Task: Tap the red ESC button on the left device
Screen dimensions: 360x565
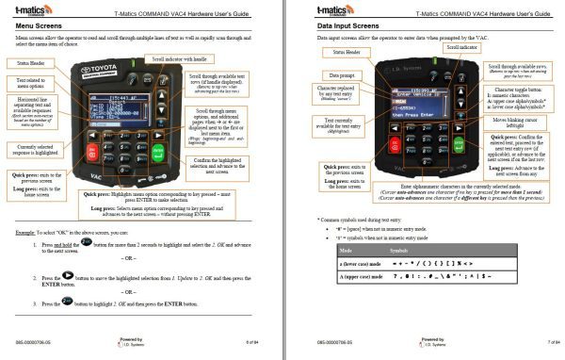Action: point(91,151)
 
